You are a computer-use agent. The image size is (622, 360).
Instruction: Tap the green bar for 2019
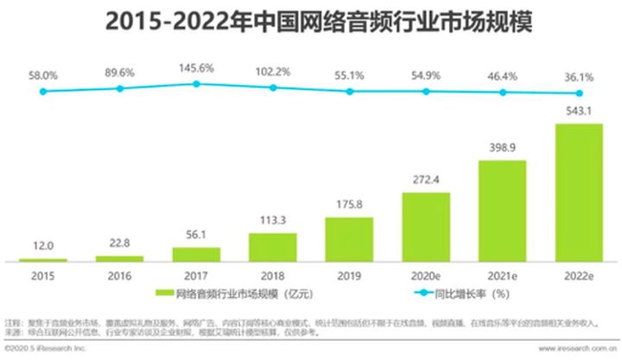pyautogui.click(x=349, y=239)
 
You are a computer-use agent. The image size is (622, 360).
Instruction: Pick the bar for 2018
pyautogui.click(x=273, y=247)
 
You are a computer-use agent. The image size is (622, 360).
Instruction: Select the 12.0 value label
pyautogui.click(x=42, y=248)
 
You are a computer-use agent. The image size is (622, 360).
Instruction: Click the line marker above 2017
pyautogui.click(x=196, y=84)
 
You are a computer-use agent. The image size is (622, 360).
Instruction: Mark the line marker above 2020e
pyautogui.click(x=426, y=92)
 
